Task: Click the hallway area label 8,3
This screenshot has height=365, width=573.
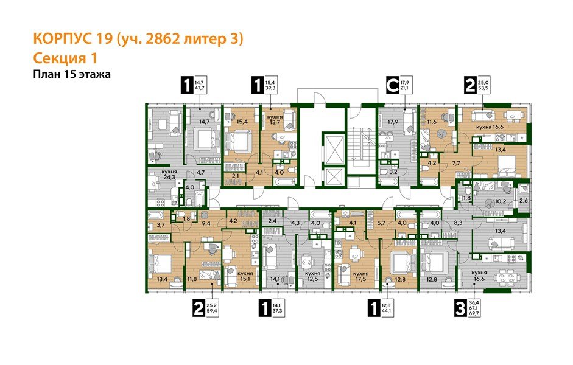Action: pyautogui.click(x=459, y=223)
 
